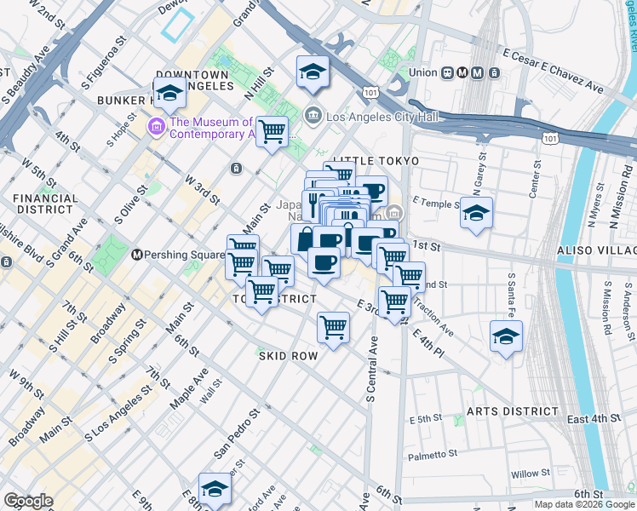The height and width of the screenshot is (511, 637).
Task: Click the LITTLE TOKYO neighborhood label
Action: [x=376, y=161]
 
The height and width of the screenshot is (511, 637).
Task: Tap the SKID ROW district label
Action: [x=288, y=355]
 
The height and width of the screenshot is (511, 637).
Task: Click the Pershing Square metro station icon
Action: [x=135, y=255]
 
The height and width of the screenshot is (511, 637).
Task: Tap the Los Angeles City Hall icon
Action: [x=313, y=115]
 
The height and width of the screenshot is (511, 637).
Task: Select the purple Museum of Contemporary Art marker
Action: [x=157, y=128]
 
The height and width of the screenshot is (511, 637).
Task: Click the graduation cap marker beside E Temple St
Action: [x=477, y=213]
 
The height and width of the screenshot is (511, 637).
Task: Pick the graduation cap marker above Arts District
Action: [x=506, y=336]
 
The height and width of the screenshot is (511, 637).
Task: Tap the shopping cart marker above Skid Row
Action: [x=333, y=327]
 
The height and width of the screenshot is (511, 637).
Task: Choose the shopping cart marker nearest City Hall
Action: [x=272, y=131]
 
